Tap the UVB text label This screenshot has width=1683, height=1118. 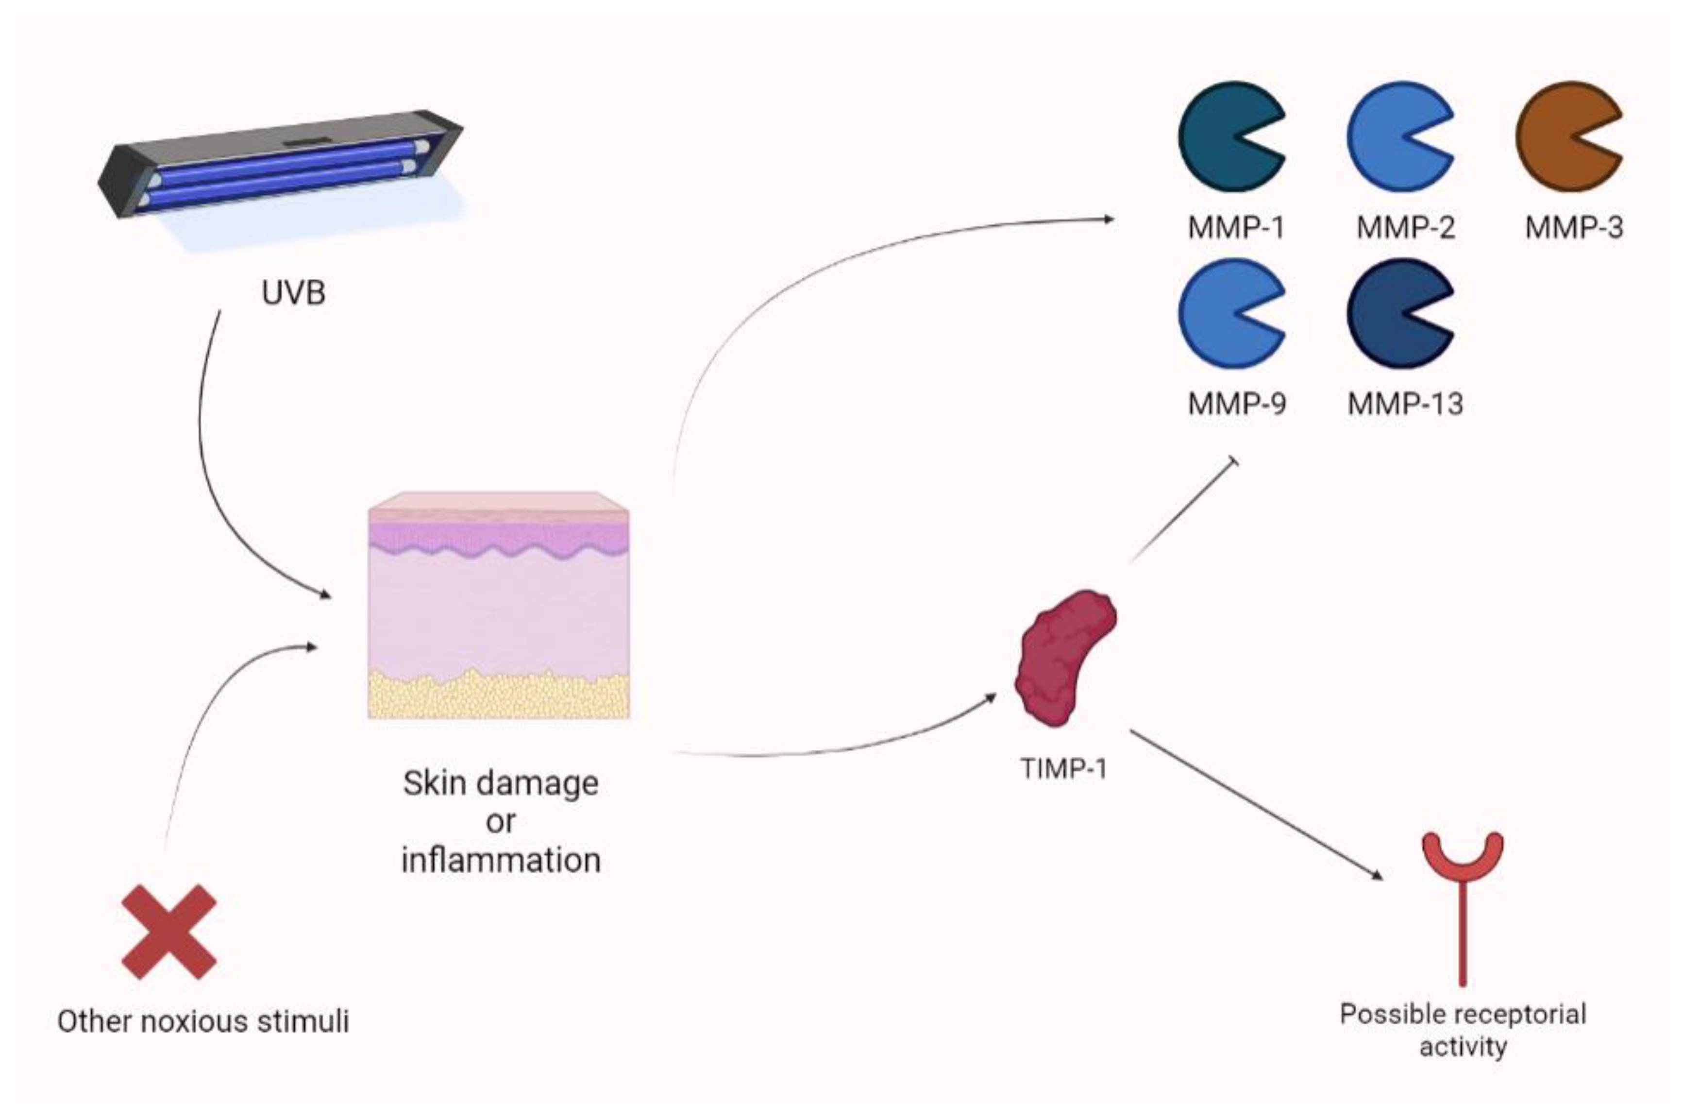pos(293,293)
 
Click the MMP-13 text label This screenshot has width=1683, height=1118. pos(1404,404)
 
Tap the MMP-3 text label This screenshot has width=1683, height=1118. pos(1573,227)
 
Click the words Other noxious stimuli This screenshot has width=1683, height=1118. pos(203,1021)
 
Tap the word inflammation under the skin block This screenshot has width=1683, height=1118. pos(501,860)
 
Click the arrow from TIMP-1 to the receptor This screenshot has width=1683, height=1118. pos(1255,804)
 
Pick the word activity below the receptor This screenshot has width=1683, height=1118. pos(1462,1047)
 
